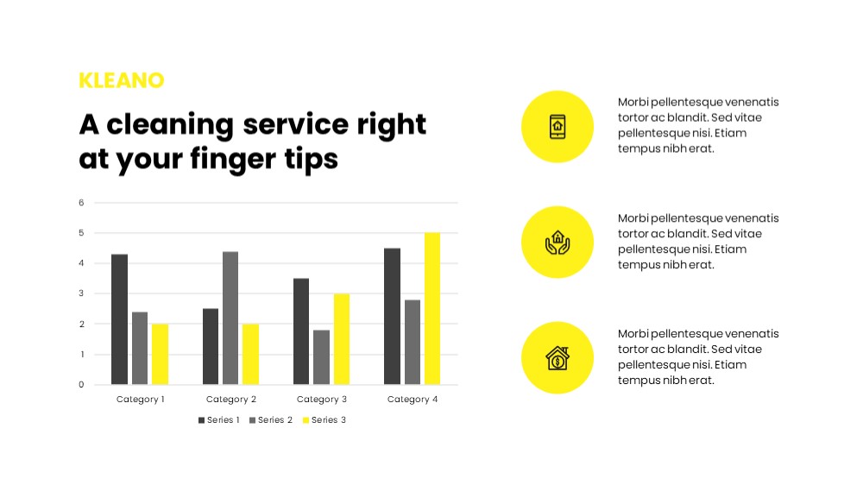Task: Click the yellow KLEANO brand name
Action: (x=122, y=80)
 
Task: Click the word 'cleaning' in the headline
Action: (x=170, y=125)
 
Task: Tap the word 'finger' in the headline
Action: (x=232, y=160)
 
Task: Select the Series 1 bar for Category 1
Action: (x=119, y=319)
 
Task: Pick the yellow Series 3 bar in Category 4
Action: (x=432, y=308)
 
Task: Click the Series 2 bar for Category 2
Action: (x=230, y=318)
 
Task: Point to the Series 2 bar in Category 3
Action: (x=321, y=357)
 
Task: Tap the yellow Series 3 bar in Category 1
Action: (x=161, y=354)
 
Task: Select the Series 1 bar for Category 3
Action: (x=301, y=331)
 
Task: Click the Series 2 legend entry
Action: (x=271, y=420)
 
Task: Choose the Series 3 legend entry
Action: (x=324, y=420)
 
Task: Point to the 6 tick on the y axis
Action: (x=81, y=203)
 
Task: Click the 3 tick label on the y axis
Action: (x=81, y=293)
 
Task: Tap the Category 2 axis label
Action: (x=231, y=399)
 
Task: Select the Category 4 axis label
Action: (x=413, y=399)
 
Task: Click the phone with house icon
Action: (x=557, y=127)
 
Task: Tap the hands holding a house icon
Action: (x=557, y=243)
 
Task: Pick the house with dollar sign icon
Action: (x=557, y=358)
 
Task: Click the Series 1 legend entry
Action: (x=219, y=420)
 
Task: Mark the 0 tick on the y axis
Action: (x=81, y=385)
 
